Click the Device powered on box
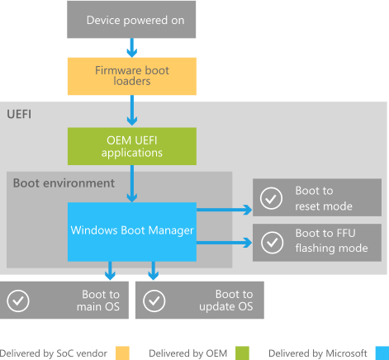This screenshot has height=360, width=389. click(x=131, y=19)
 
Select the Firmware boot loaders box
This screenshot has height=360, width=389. click(x=131, y=76)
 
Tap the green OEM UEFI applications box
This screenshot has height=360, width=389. click(x=131, y=146)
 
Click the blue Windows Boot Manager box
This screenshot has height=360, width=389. click(x=131, y=230)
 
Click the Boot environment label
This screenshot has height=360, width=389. click(x=64, y=182)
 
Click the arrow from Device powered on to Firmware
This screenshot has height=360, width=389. click(x=131, y=48)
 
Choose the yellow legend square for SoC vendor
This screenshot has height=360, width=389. click(x=122, y=353)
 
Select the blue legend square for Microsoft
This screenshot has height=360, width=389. click(x=381, y=353)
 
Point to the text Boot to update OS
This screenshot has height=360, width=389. click(x=234, y=301)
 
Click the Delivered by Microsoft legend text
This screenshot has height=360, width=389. click(x=316, y=353)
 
